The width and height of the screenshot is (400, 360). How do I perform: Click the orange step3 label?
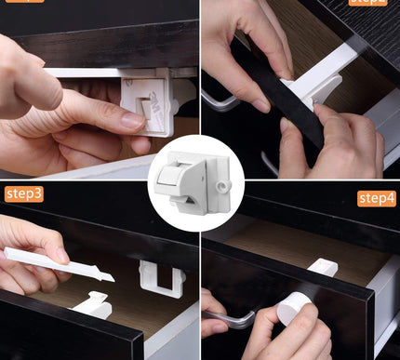click(x=23, y=193)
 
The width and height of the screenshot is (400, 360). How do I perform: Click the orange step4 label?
click(x=376, y=198)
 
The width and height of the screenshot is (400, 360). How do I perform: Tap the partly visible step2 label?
click(x=368, y=2)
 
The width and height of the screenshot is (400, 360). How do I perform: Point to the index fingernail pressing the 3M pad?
click(x=131, y=120)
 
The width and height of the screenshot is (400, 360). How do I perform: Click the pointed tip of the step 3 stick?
click(x=111, y=276)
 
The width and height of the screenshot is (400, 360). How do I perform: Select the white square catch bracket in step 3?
click(x=159, y=278)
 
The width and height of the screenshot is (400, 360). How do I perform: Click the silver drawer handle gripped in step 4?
click(x=233, y=321)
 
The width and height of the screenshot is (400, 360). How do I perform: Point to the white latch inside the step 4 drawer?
click(x=322, y=268)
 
